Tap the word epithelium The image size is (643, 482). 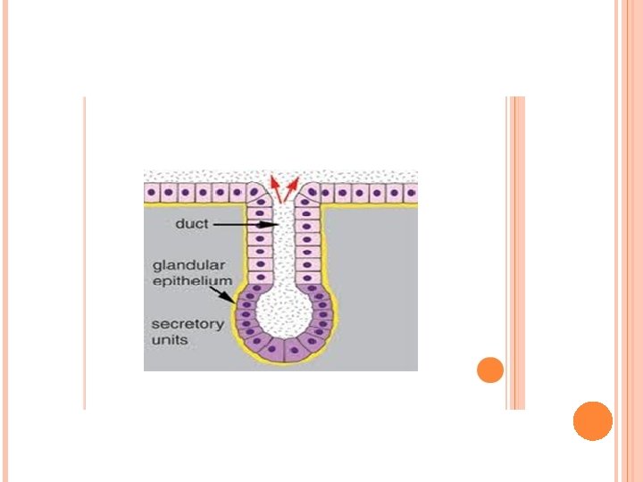pos(191,280)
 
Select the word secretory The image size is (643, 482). pos(187,324)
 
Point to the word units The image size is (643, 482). pos(169,339)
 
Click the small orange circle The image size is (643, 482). pos(490,370)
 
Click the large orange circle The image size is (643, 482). pos(592,420)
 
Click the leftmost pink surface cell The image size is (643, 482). pos(153,192)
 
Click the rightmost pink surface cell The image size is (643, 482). pos(410,192)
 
